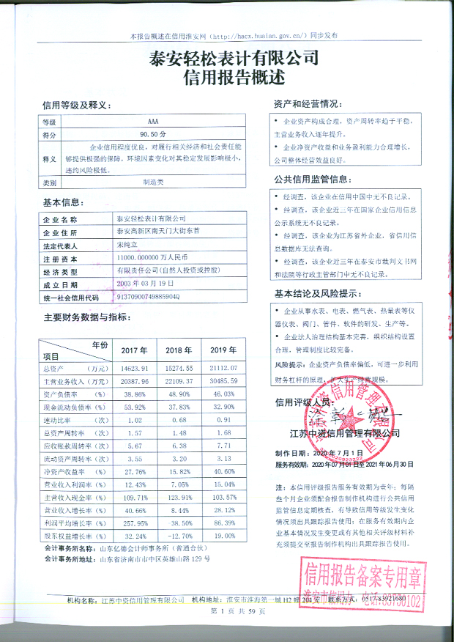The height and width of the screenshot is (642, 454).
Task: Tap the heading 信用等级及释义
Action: [x=75, y=105]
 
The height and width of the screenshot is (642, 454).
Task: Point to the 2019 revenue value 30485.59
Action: [x=225, y=382]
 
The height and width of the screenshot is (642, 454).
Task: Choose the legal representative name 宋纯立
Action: [x=127, y=245]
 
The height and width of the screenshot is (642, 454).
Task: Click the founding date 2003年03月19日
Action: [x=145, y=283]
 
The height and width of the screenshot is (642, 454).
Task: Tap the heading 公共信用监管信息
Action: [x=310, y=178]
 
